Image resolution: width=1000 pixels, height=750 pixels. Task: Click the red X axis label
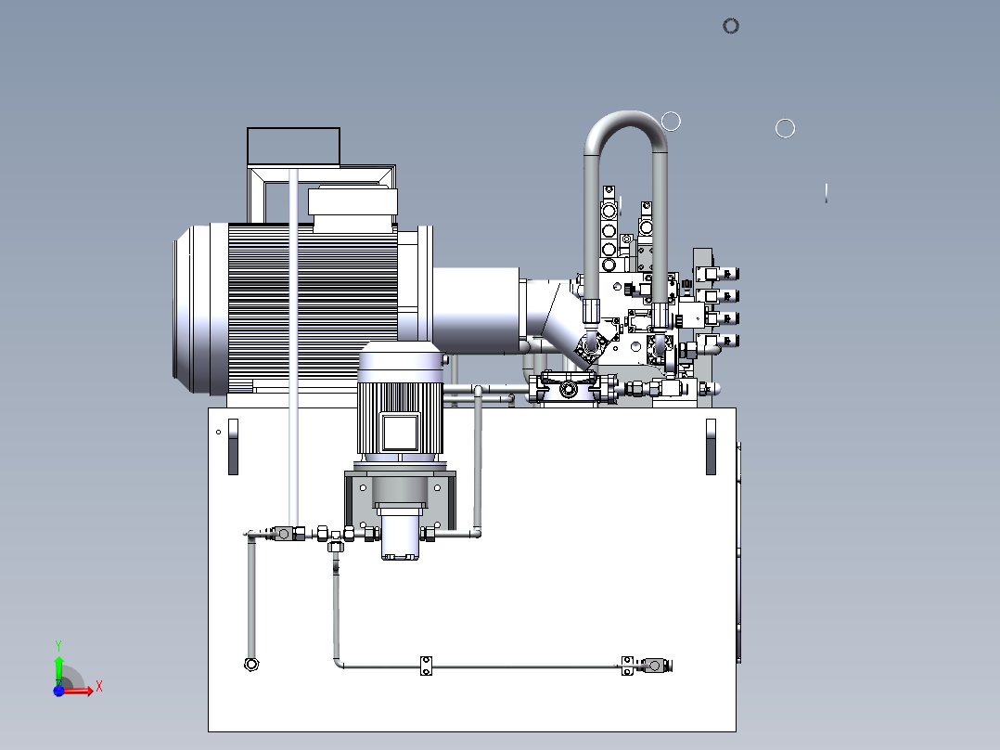(99, 687)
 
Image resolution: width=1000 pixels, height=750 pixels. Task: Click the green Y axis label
(58, 645)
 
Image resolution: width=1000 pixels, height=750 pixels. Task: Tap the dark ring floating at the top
(731, 26)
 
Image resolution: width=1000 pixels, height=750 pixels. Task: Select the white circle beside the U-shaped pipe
(671, 122)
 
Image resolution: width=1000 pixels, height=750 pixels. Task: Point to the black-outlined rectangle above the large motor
(293, 146)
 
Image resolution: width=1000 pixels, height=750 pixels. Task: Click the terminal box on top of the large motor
(353, 201)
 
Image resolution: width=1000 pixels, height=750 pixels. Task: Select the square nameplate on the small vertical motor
(400, 433)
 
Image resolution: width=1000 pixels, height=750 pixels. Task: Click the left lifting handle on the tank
(233, 446)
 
